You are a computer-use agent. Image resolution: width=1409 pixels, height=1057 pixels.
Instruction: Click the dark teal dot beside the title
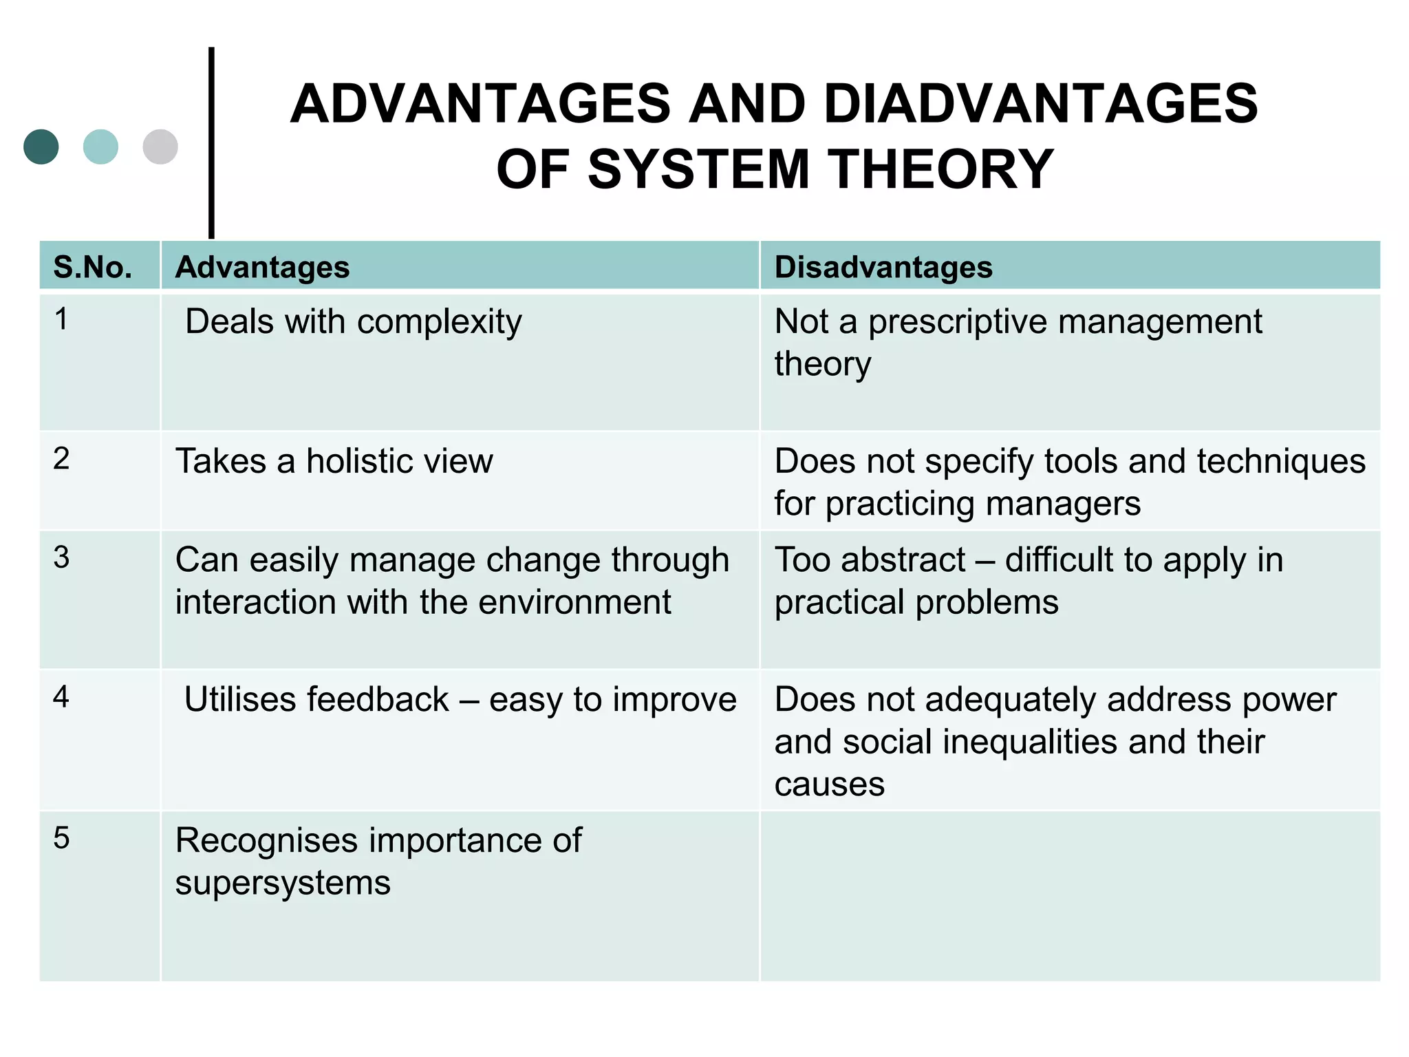41,147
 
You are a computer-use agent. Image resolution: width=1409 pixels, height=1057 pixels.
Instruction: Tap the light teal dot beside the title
100,147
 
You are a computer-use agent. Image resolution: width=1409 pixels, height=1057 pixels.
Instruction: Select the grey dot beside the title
160,147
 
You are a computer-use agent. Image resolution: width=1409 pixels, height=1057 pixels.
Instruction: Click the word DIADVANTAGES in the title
1040,104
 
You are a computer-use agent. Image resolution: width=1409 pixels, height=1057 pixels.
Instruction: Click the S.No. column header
93,267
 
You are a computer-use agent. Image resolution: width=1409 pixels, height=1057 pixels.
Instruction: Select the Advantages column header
262,267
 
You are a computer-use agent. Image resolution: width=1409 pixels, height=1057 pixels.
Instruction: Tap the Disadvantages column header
883,267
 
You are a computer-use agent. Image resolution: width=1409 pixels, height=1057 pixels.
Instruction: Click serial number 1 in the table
61,319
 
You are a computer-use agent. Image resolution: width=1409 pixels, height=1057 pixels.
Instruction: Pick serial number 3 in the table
61,557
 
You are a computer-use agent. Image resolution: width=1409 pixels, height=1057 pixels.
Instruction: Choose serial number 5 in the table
61,838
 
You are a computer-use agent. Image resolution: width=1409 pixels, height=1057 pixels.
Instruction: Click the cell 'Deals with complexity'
354,322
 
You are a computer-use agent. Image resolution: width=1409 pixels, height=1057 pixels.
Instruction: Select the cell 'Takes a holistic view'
334,461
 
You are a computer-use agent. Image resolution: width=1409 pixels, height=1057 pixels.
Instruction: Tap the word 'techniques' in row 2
1280,461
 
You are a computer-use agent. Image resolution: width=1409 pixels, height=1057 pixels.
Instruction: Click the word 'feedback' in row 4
378,700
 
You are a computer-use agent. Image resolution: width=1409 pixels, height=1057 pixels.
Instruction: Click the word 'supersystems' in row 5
283,883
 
